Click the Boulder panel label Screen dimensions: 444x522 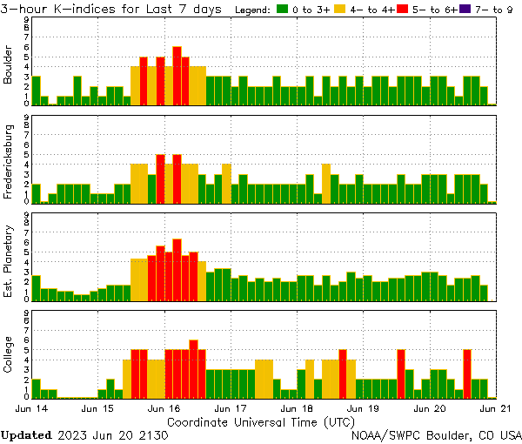[9, 66]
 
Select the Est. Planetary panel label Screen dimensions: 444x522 [9, 260]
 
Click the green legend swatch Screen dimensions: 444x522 [282, 10]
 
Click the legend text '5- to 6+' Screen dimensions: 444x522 [432, 10]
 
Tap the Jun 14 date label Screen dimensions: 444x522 [31, 407]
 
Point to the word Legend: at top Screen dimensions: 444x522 [253, 10]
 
